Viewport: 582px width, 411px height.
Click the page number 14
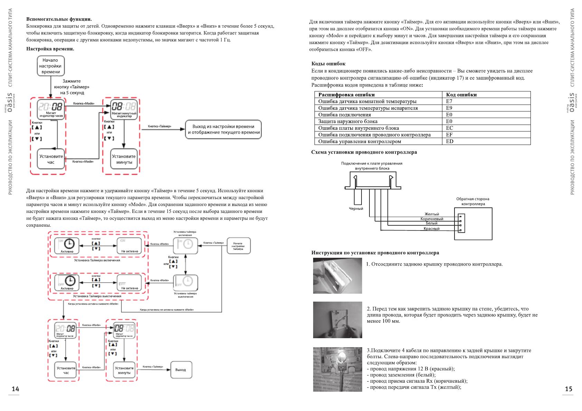click(x=16, y=389)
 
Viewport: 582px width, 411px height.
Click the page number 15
click(x=569, y=389)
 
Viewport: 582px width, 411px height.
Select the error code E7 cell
click(x=449, y=101)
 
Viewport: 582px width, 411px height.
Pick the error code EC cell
click(x=450, y=128)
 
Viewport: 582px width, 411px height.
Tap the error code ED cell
click(x=450, y=141)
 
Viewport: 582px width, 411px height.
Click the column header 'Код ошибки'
click(x=461, y=95)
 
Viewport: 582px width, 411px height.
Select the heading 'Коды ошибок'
click(x=328, y=63)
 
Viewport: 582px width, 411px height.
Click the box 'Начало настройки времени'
click(x=51, y=66)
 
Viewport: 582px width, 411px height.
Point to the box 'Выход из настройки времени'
click(x=224, y=129)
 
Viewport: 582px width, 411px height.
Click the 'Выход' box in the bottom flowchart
click(x=181, y=370)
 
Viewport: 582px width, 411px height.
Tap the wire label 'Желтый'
click(x=432, y=214)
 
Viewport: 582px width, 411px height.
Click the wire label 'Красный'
click(x=432, y=228)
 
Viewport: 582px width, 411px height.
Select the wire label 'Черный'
click(x=356, y=209)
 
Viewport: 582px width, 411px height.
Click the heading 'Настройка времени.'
click(x=50, y=49)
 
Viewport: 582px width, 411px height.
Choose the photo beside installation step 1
click(x=337, y=276)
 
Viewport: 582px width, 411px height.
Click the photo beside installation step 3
click(x=337, y=369)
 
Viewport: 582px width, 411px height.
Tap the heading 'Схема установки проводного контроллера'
click(x=364, y=152)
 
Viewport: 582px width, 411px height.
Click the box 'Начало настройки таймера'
click(x=238, y=246)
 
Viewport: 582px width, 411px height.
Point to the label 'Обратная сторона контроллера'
click(x=473, y=201)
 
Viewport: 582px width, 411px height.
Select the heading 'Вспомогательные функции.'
click(x=59, y=19)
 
